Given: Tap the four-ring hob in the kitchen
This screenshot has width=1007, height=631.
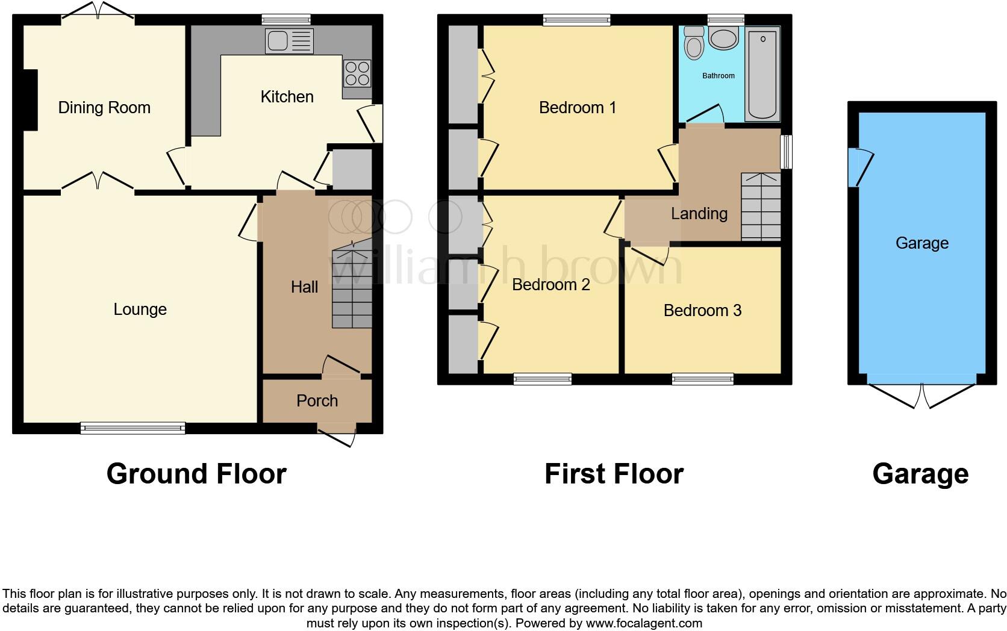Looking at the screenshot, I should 357,73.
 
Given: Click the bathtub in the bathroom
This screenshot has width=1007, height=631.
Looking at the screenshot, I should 762,75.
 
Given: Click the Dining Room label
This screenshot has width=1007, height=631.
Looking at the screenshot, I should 104,108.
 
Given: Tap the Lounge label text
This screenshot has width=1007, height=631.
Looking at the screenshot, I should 140,309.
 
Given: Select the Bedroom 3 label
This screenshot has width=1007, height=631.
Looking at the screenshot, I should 702,311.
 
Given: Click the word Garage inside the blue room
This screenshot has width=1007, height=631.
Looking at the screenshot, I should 921,243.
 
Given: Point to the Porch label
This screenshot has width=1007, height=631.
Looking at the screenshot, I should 317,401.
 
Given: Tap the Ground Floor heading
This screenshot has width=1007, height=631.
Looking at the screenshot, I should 196,474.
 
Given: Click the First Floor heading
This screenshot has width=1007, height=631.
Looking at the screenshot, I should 614,474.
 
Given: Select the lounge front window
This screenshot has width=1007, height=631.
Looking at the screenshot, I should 132,428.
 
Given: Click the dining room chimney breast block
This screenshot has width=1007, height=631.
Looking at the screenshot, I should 30,100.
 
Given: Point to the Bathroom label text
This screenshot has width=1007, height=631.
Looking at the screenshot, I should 718,76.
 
